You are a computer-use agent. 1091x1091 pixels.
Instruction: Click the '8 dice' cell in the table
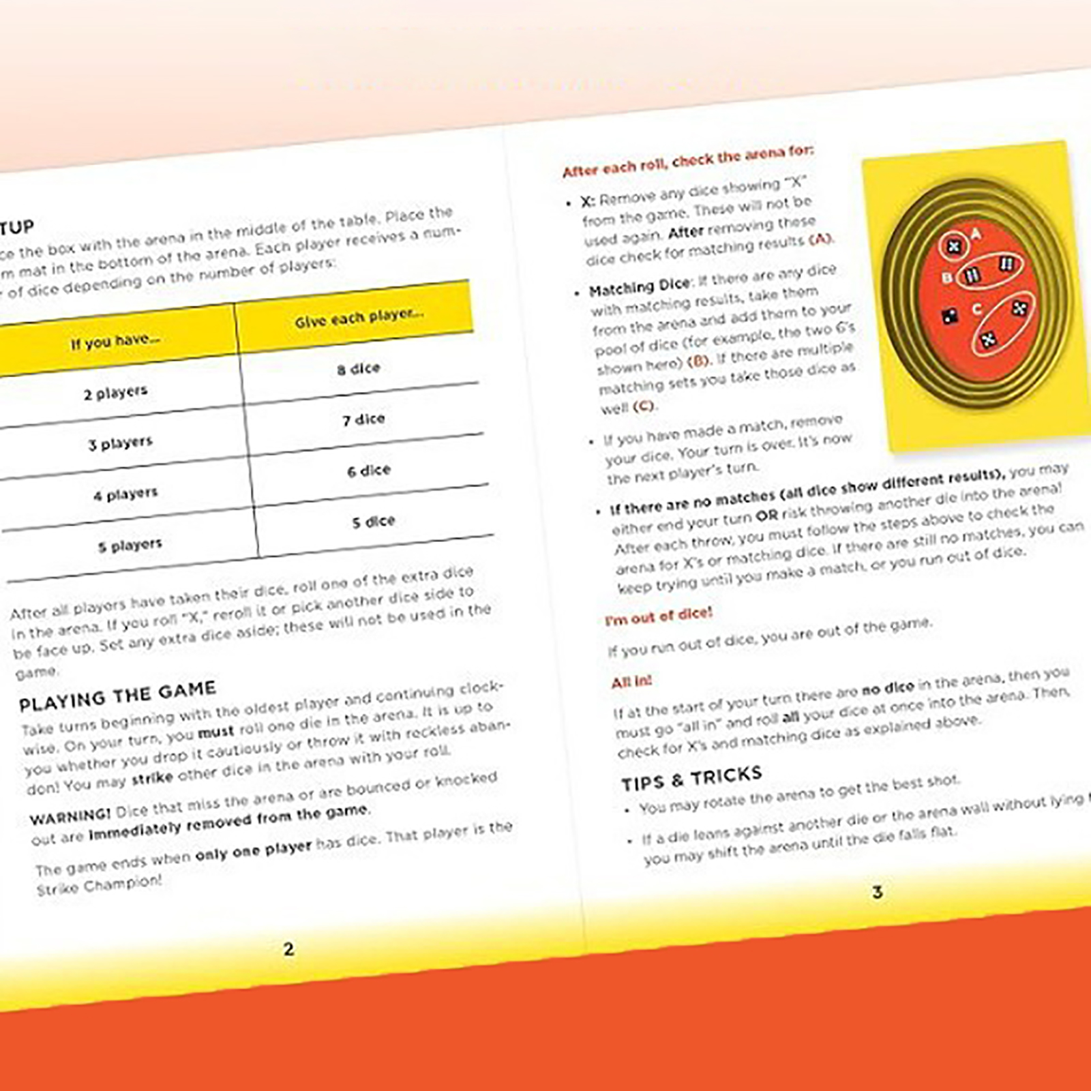358,369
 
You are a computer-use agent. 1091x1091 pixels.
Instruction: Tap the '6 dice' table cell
368,470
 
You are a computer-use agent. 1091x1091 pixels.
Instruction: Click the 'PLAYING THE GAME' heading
117,696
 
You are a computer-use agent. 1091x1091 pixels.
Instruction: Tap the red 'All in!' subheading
631,681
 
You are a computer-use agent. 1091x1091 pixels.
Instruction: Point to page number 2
288,948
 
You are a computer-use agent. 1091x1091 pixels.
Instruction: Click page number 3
877,892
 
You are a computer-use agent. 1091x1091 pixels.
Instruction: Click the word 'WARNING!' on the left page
70,816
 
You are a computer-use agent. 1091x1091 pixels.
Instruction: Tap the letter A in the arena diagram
976,235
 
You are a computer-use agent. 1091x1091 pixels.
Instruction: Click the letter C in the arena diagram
976,309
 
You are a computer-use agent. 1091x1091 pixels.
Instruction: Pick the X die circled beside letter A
954,247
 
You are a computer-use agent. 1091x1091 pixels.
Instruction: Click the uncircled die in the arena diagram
948,316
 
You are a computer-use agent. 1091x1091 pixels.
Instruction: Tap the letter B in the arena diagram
946,278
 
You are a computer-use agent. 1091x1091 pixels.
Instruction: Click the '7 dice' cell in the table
363,419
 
